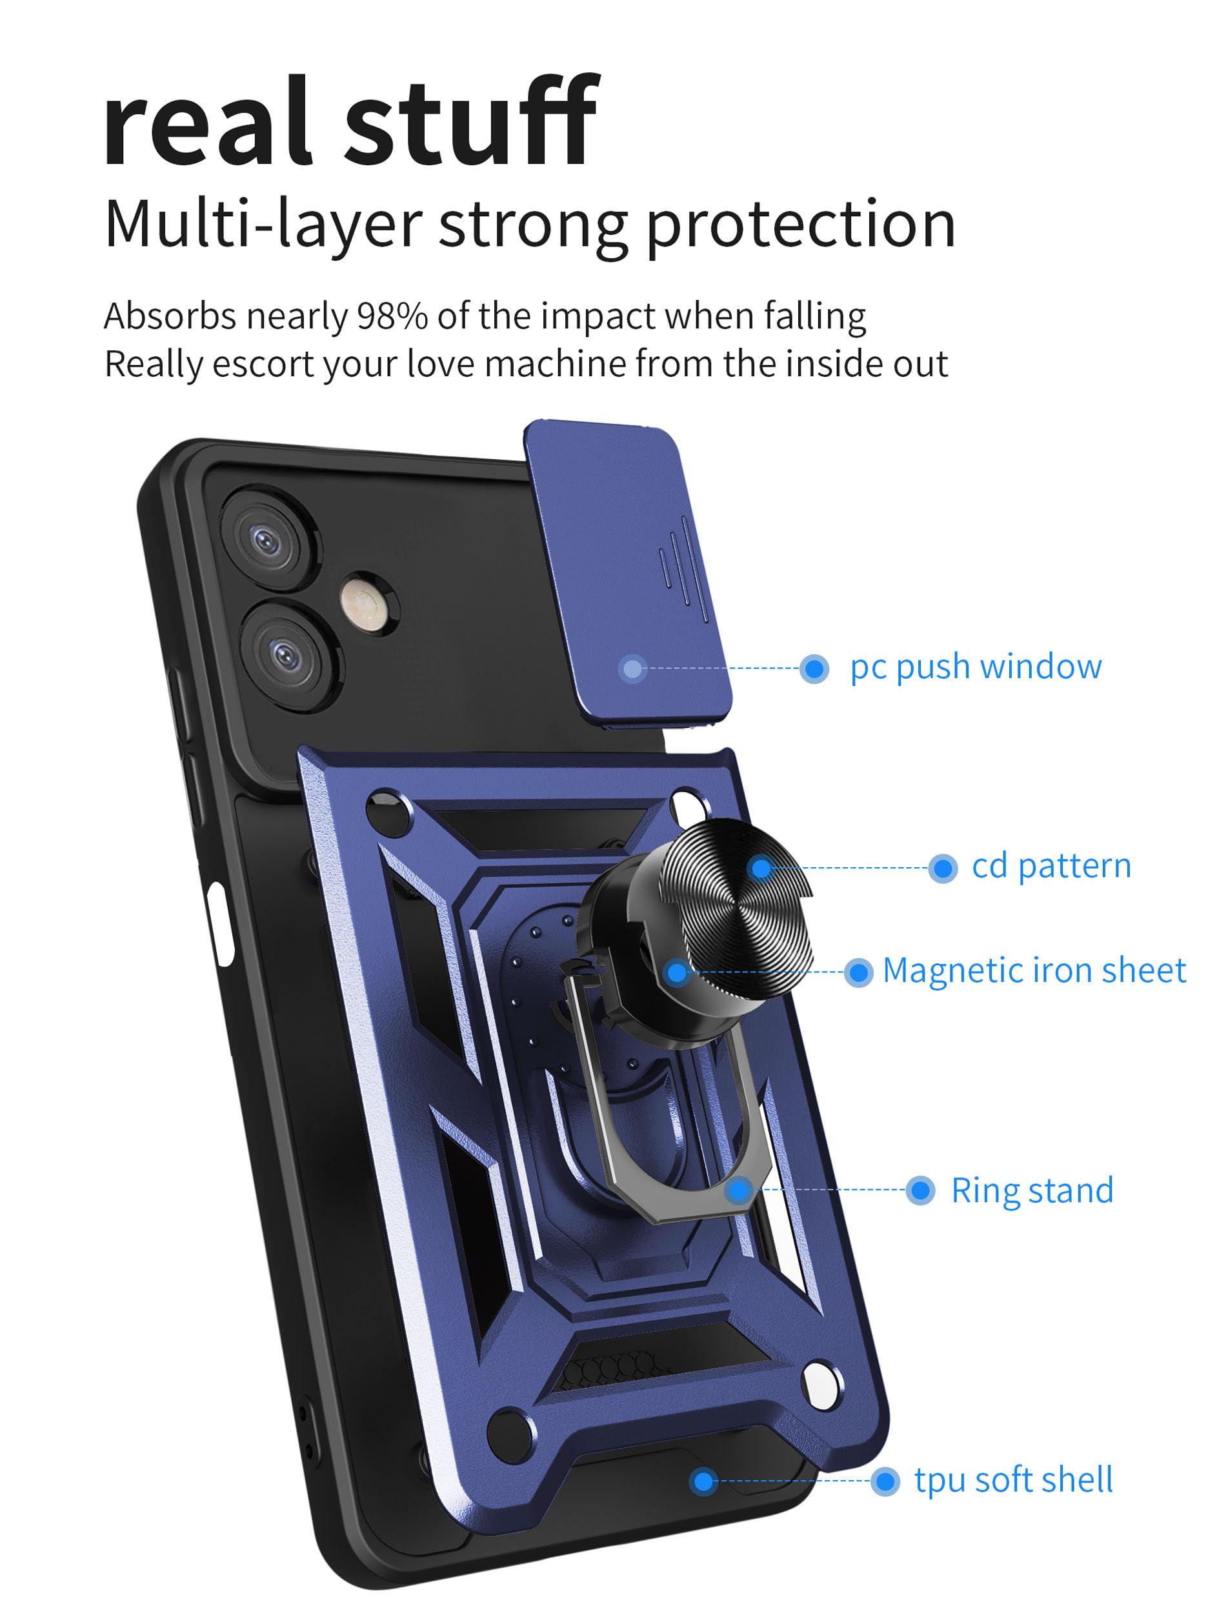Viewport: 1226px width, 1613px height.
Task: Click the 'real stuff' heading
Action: coord(350,123)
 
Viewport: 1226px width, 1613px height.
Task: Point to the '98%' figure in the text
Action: coord(392,317)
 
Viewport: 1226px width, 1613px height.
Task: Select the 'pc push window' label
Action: coord(976,666)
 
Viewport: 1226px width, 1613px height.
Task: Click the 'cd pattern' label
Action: coord(1051,867)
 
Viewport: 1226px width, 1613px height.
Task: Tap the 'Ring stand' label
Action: coord(1032,1190)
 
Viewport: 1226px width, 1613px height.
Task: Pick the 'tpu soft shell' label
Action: coord(1014,1480)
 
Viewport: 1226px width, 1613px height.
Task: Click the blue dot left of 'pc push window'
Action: coord(814,668)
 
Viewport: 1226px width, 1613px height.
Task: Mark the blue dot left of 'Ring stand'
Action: coord(920,1190)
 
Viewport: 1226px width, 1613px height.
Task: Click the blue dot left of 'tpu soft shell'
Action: coord(885,1481)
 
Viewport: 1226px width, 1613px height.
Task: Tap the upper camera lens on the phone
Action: coord(266,541)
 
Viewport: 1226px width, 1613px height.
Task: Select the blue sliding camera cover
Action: coord(628,569)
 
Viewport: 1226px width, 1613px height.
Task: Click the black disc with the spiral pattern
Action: coord(737,908)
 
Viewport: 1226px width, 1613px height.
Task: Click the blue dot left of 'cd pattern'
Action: coord(942,868)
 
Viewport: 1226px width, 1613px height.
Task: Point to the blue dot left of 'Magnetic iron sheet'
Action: coord(858,972)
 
